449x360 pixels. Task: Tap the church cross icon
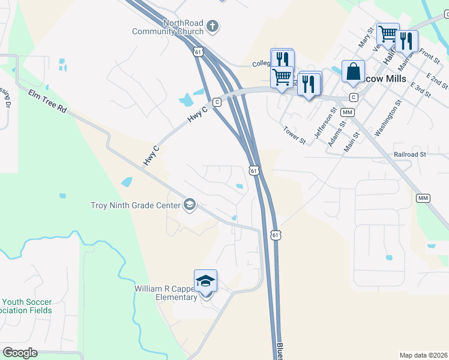click(x=212, y=26)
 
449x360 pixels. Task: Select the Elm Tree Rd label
click(x=47, y=101)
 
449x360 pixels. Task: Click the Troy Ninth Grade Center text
click(x=135, y=205)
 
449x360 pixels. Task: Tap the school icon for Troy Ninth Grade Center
click(x=190, y=205)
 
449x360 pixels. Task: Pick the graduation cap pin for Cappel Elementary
click(x=205, y=281)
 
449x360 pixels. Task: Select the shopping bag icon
click(x=354, y=71)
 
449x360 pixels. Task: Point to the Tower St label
click(x=295, y=135)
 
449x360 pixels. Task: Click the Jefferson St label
click(x=326, y=123)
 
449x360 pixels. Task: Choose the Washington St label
click(x=388, y=121)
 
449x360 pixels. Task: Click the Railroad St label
click(x=410, y=154)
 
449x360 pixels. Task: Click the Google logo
click(x=20, y=353)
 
